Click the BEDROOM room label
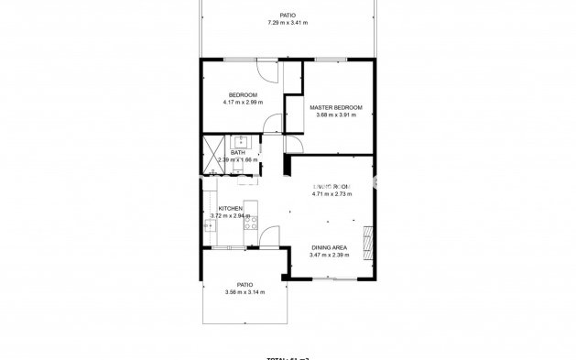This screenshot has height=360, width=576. click(x=243, y=95)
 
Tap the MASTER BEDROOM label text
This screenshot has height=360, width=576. click(x=336, y=107)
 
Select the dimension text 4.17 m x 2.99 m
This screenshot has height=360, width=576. click(x=243, y=103)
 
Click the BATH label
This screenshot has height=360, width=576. click(x=237, y=152)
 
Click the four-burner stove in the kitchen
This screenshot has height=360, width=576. click(x=251, y=222)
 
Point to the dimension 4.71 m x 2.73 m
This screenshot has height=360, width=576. click(x=331, y=193)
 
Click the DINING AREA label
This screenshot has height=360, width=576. click(x=329, y=247)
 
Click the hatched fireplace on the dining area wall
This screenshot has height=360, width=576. click(x=368, y=243)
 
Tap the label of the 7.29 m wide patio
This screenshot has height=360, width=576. click(x=288, y=15)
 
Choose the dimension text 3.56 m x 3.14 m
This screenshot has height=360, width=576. click(x=245, y=292)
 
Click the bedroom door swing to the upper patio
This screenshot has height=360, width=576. click(x=266, y=71)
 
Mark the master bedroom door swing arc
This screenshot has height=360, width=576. click(x=293, y=144)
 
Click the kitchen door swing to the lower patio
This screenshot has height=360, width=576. click(x=266, y=237)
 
